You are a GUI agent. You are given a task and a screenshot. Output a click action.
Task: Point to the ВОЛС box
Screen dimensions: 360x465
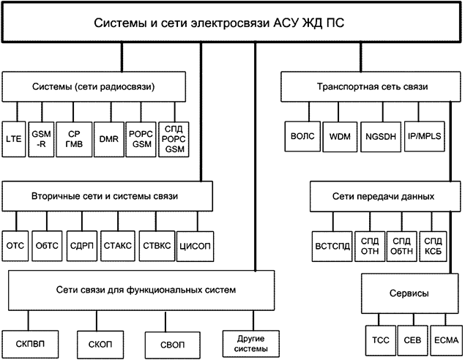click(300, 135)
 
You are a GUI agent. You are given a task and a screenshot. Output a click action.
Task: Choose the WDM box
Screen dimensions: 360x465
click(341, 135)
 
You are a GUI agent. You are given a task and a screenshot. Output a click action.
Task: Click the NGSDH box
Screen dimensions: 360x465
click(382, 135)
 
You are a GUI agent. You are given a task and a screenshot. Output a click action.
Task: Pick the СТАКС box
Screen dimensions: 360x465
click(116, 246)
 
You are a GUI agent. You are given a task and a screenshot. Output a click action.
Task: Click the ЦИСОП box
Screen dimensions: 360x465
click(194, 246)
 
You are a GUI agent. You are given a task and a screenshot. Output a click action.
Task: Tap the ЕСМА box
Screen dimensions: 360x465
click(444, 340)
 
